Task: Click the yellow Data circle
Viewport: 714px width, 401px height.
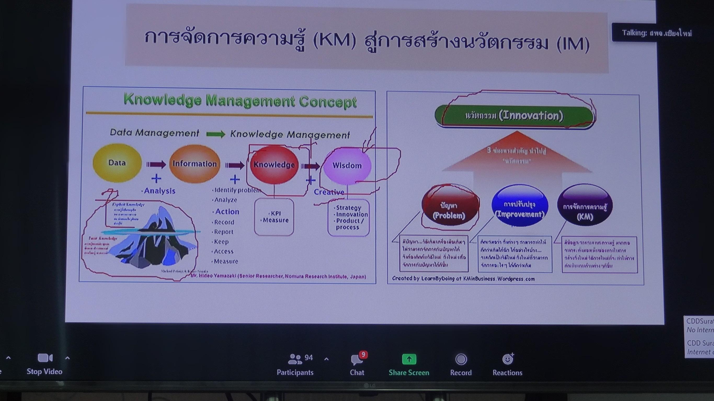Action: click(x=117, y=163)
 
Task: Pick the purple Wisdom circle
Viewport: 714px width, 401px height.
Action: click(x=347, y=166)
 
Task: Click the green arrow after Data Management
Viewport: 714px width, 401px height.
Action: click(x=216, y=134)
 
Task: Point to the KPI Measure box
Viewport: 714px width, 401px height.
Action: click(x=274, y=217)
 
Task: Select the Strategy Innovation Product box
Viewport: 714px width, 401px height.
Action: click(x=349, y=217)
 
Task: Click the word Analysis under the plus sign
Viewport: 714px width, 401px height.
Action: click(x=159, y=191)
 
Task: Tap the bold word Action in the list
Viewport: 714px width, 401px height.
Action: click(x=227, y=212)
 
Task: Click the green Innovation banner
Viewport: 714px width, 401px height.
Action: click(x=514, y=116)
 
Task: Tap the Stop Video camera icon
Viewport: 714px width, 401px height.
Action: click(x=45, y=358)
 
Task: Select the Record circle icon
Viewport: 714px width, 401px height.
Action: click(x=461, y=360)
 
